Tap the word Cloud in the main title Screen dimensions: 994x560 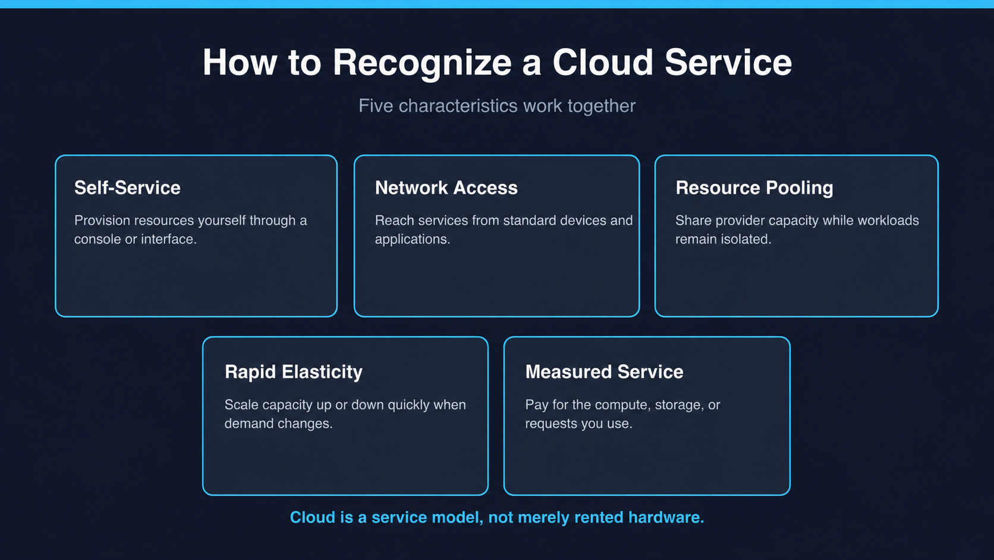(x=603, y=62)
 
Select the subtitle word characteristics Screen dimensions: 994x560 (x=458, y=106)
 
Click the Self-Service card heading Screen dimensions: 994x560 (x=127, y=187)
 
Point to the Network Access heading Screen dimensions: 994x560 (x=446, y=187)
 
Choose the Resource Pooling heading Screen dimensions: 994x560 (x=754, y=188)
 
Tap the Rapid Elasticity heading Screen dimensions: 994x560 (x=293, y=372)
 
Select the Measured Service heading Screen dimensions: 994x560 (x=604, y=372)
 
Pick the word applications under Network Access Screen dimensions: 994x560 (x=412, y=239)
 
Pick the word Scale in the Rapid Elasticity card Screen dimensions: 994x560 (x=241, y=405)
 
